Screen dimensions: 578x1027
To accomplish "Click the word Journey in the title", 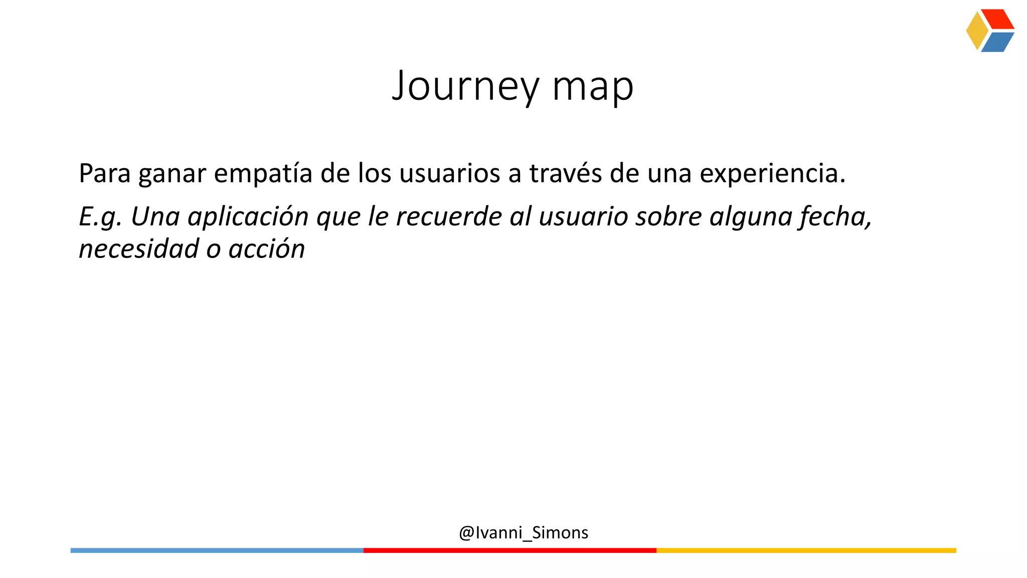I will [465, 86].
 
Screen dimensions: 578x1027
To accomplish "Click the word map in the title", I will [593, 86].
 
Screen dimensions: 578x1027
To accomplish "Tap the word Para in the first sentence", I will [104, 173].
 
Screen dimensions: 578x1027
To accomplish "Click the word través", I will [566, 173].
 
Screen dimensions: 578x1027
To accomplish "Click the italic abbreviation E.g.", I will [100, 217].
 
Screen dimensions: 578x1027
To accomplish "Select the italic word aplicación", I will [248, 217].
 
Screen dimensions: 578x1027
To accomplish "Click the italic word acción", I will [266, 249].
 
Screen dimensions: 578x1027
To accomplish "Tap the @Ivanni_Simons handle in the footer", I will [523, 532].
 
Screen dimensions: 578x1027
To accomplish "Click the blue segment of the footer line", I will [217, 550].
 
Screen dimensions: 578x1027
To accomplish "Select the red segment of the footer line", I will [509, 550].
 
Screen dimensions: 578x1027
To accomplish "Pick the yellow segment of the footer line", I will [806, 550].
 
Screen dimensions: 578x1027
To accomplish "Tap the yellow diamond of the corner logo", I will [976, 31].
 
